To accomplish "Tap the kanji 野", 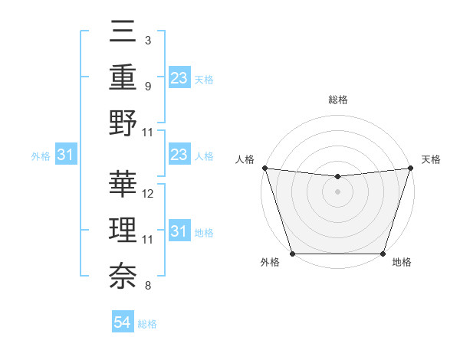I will click(123, 123).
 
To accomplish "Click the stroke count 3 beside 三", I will click(147, 39).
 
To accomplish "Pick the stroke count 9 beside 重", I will click(147, 86).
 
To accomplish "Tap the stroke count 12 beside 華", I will click(148, 194).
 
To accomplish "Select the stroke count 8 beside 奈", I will click(147, 286).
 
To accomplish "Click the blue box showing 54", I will click(123, 322).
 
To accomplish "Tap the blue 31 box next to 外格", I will click(65, 155).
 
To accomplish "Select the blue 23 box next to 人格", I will click(179, 155).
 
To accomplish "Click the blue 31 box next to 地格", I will click(179, 231).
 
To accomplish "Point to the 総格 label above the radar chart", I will click(337, 100).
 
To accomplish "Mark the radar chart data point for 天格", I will click(410, 168).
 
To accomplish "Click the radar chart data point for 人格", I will click(264, 168).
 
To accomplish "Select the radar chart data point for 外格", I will click(292, 254).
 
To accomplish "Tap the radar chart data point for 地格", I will click(383, 254).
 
